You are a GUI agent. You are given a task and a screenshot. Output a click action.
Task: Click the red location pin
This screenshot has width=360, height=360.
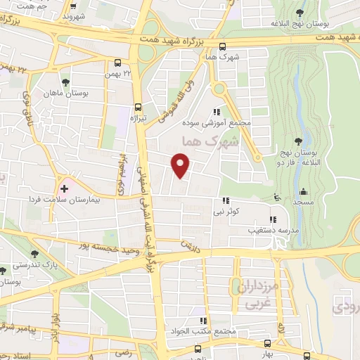tap(181, 166)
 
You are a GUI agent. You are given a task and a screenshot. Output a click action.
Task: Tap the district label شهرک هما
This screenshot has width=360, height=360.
tap(209, 141)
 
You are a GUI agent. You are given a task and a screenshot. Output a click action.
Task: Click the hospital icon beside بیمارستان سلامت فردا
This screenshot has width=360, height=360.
tap(64, 188)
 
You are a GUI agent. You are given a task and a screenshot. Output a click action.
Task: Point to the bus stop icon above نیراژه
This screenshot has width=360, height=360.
tap(138, 108)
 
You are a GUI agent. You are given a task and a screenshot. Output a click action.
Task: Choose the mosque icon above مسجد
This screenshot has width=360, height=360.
tap(303, 192)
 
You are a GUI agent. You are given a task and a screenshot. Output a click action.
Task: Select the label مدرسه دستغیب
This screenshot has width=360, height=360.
tap(260, 229)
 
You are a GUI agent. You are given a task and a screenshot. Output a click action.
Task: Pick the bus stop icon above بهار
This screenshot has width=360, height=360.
tap(267, 342)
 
